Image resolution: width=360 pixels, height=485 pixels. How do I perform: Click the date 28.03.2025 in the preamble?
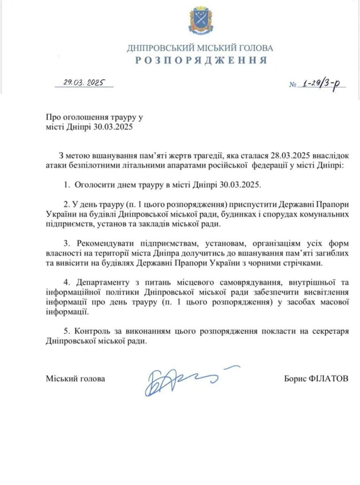point(291,156)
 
